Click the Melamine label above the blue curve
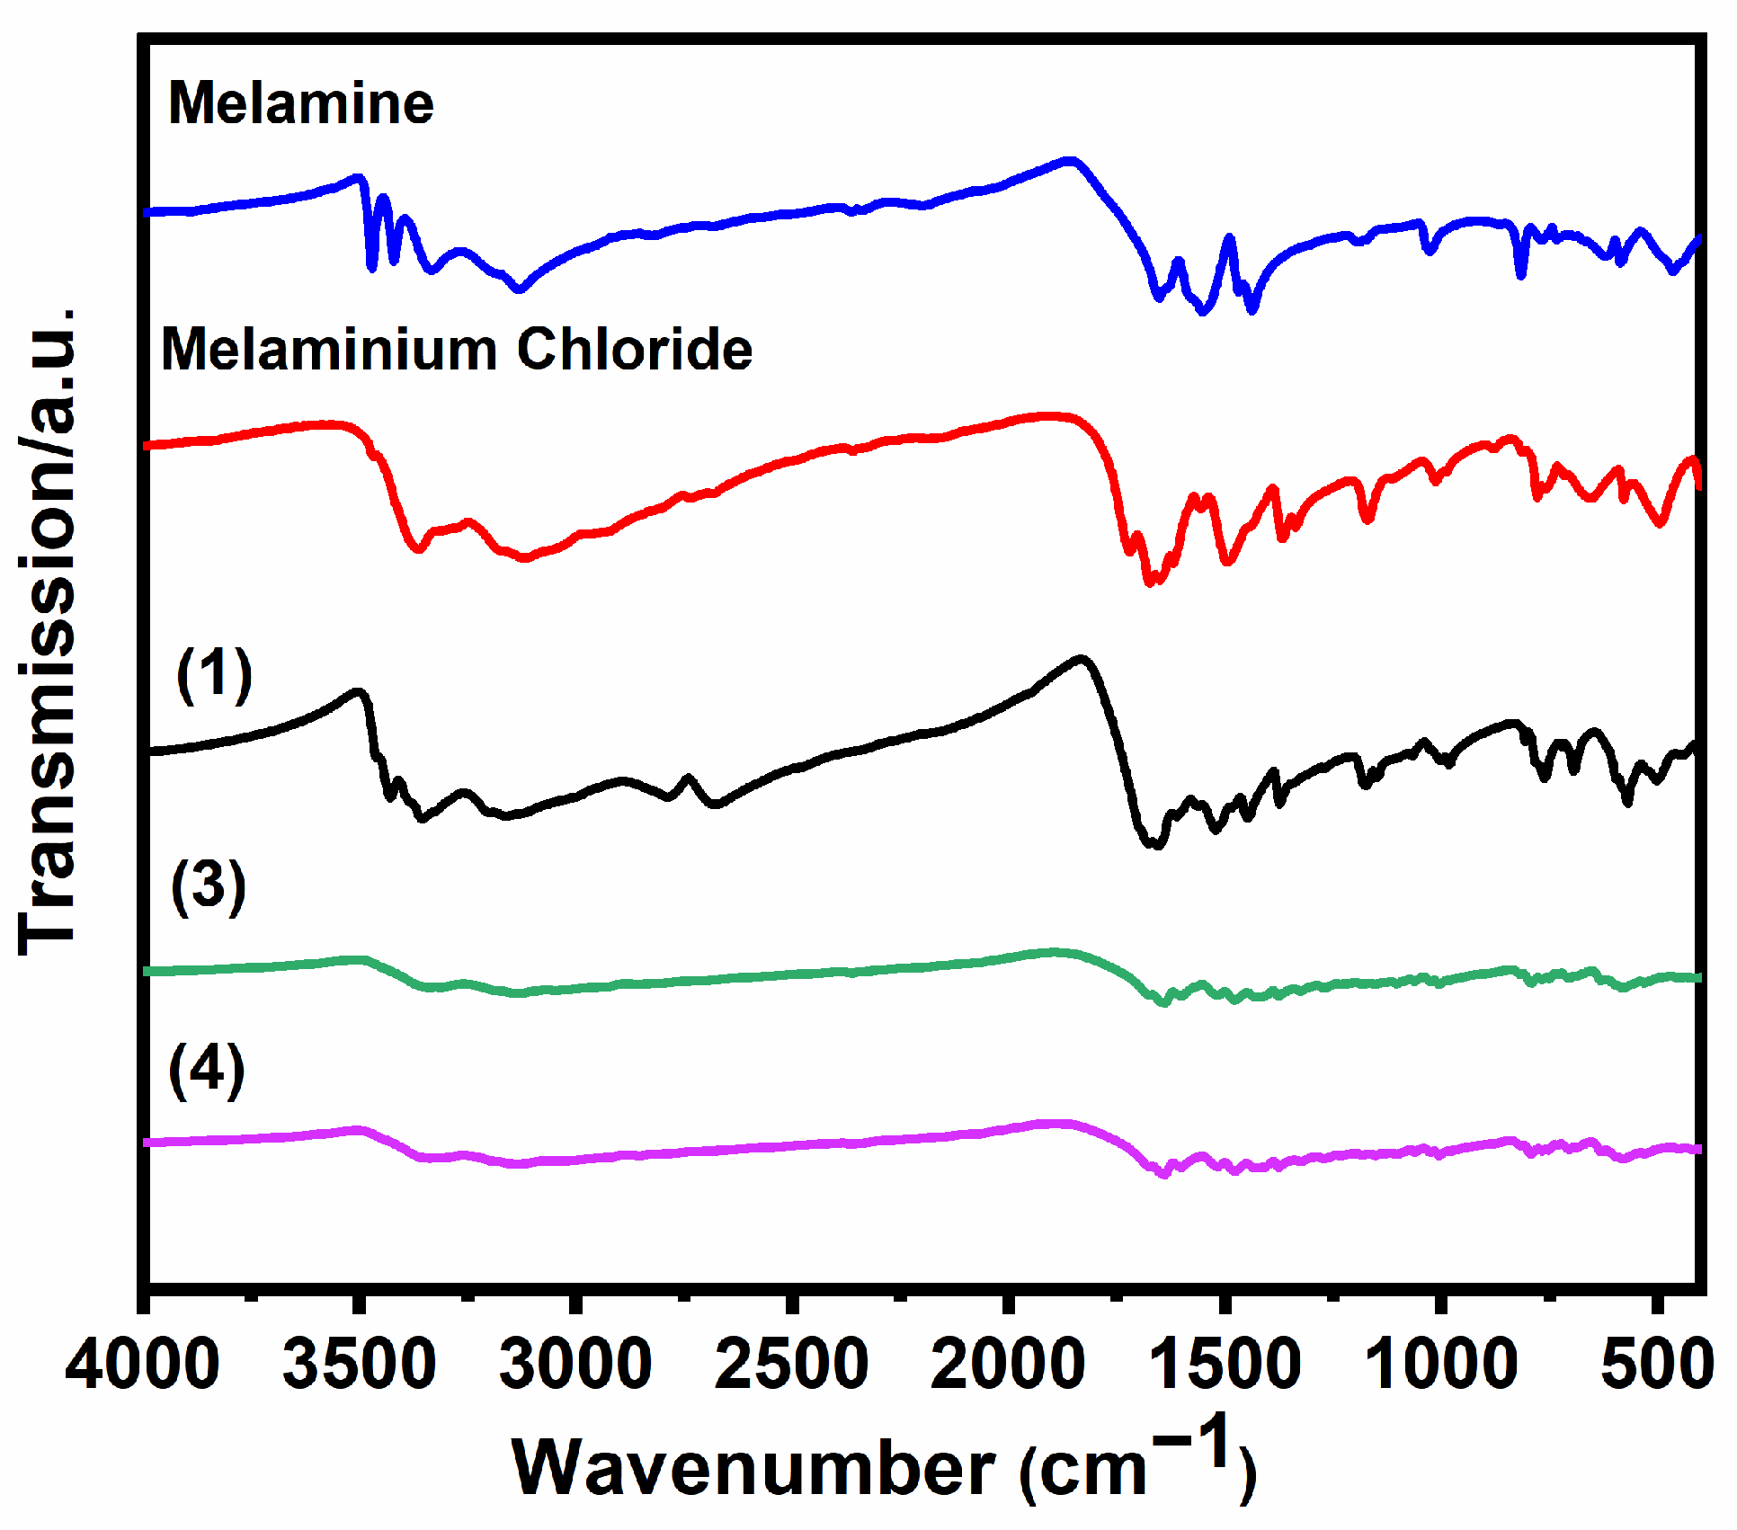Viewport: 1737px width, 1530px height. pos(301,103)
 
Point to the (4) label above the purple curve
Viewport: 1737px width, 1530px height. pos(207,1070)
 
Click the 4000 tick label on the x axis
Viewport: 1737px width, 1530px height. pos(142,1365)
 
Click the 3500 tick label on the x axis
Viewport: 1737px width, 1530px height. pos(360,1365)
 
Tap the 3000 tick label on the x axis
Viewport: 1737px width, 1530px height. pos(575,1365)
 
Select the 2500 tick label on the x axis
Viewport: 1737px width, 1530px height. pos(791,1365)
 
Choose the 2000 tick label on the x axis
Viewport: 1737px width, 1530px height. pos(1008,1365)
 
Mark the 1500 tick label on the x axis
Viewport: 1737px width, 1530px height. pos(1225,1365)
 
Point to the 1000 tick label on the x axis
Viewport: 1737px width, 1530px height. pos(1441,1365)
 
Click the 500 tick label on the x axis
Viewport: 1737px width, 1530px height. pos(1657,1365)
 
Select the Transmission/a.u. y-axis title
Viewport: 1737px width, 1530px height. pos(47,629)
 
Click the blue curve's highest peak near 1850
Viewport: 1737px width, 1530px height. pos(1070,161)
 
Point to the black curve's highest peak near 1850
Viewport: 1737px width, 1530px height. pos(1082,658)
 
